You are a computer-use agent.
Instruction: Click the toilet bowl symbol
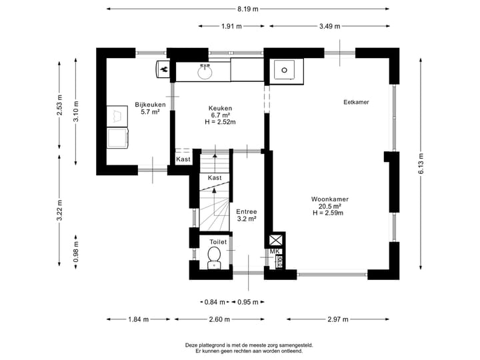[214, 258]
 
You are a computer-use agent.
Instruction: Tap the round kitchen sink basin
[205, 73]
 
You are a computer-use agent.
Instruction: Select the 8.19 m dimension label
[248, 9]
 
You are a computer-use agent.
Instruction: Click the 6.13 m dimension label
[421, 164]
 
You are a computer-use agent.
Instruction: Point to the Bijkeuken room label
[150, 105]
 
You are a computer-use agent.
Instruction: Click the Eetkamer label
[356, 102]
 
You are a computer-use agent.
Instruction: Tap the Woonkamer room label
[330, 199]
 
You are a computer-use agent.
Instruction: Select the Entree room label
[247, 212]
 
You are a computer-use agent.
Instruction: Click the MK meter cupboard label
[275, 251]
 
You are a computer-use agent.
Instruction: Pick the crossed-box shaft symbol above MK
[275, 240]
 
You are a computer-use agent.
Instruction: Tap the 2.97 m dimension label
[338, 319]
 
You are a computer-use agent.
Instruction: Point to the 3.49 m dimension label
[330, 26]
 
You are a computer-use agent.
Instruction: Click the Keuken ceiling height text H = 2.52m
[220, 122]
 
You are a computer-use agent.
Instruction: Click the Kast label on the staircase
[215, 178]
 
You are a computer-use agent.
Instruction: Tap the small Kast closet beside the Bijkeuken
[183, 159]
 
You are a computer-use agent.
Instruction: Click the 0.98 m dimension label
[76, 252]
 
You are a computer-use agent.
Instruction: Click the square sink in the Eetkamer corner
[285, 70]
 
